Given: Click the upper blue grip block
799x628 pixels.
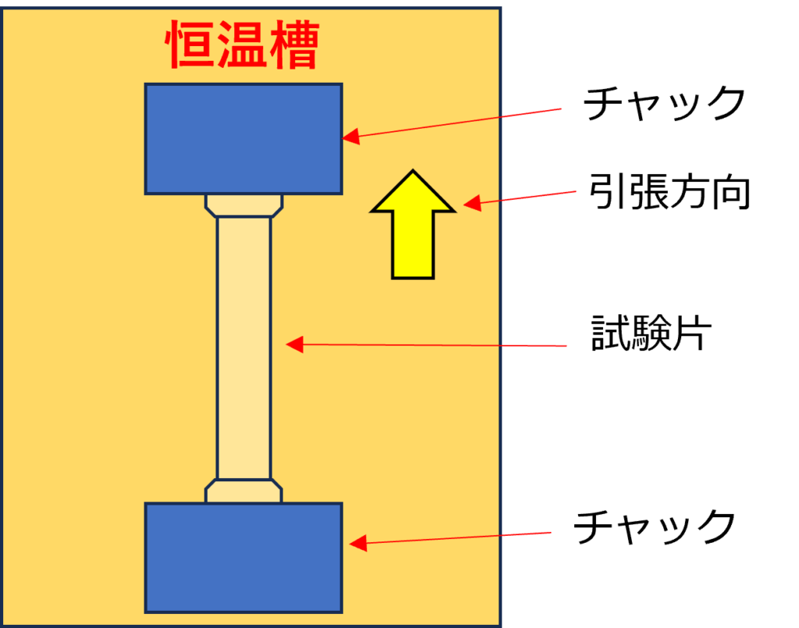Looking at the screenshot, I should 243,139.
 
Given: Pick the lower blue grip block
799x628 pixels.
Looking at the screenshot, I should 243,558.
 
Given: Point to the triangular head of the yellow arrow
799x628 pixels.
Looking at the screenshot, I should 413,195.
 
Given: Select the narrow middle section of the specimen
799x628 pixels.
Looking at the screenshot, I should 244,348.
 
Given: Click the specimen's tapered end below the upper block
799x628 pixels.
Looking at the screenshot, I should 244,205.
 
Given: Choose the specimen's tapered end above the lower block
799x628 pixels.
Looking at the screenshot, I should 244,491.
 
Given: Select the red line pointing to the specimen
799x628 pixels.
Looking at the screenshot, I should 437,345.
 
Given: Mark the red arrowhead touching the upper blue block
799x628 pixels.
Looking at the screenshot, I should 351,137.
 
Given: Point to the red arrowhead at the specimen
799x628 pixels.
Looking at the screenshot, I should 294,344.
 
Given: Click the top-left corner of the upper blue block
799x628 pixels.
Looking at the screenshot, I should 147,85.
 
